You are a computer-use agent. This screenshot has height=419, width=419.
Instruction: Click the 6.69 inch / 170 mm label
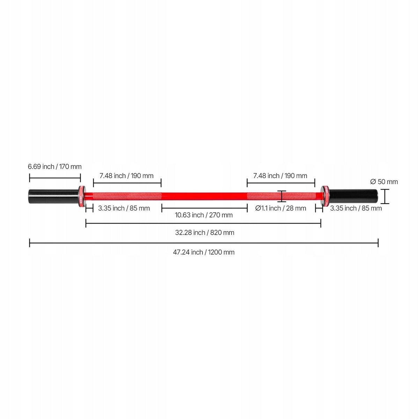[54, 167]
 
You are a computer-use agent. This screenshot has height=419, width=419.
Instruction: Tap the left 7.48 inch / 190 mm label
[126, 176]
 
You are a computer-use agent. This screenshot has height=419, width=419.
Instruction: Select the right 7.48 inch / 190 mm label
[280, 176]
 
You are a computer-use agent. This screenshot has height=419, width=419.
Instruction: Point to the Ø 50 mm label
[384, 182]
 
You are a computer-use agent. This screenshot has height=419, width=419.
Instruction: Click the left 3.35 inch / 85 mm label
[124, 208]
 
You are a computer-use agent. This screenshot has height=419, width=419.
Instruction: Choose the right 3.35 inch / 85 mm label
[356, 208]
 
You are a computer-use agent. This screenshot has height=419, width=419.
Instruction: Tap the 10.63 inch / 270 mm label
[204, 215]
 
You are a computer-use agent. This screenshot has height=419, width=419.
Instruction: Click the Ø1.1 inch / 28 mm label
[280, 208]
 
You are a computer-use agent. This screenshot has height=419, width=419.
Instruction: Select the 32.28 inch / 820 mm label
[205, 233]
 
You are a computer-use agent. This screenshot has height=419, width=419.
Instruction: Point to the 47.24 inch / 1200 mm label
[204, 252]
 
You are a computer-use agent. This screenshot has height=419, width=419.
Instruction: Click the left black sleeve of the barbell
[53, 197]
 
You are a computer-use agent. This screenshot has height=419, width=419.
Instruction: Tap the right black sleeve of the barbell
[353, 197]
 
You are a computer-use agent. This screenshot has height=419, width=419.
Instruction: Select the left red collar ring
[82, 196]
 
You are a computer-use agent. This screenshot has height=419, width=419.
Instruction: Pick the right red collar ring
[325, 196]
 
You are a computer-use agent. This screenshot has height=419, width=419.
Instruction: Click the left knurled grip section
[127, 196]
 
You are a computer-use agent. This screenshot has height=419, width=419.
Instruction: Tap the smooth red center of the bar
[204, 196]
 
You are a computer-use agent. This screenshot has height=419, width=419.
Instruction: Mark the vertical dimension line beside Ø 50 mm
[385, 197]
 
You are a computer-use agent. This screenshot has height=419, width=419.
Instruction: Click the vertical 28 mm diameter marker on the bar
[282, 196]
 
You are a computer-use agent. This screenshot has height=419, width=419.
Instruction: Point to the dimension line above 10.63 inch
[204, 208]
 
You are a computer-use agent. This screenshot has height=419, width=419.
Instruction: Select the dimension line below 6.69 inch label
[55, 178]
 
